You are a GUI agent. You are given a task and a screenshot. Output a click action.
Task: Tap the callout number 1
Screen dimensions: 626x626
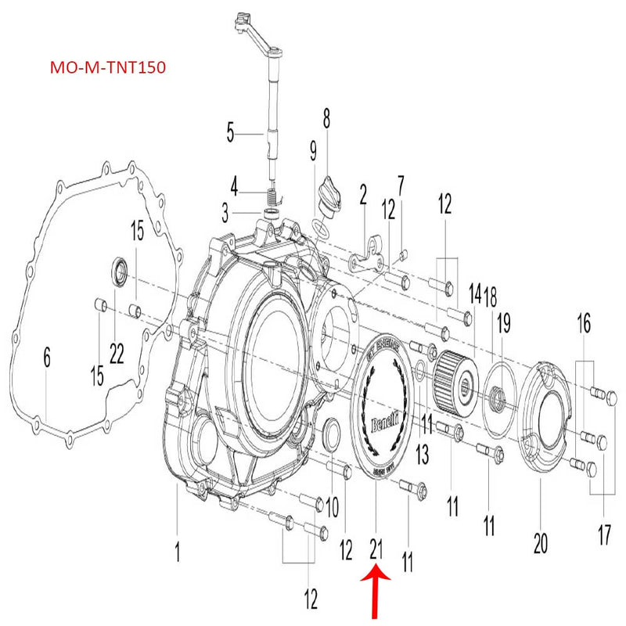click(x=178, y=553)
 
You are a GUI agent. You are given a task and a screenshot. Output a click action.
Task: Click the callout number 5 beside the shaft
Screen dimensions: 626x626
click(x=230, y=132)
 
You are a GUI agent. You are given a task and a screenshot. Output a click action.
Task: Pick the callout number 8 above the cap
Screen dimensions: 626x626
click(x=326, y=119)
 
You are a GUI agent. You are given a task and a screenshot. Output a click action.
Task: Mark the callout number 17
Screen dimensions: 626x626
click(x=605, y=536)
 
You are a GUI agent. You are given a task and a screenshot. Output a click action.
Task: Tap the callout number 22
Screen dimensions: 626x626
click(x=117, y=354)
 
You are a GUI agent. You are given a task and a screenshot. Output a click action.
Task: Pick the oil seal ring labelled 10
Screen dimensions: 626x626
click(x=331, y=435)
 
